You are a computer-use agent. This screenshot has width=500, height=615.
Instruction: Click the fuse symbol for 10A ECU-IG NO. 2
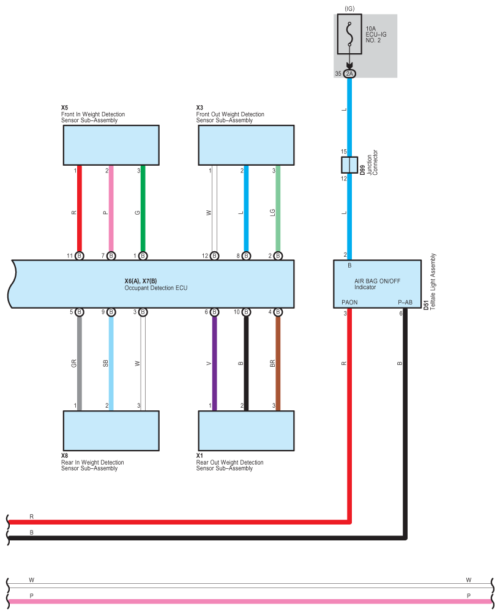point(349,35)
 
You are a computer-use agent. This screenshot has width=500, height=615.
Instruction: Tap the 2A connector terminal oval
point(349,74)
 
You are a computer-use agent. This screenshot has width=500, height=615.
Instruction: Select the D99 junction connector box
point(349,165)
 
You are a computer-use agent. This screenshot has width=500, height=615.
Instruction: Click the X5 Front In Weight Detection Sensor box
point(111,145)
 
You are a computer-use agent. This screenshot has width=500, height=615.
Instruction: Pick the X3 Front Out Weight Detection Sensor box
point(246,145)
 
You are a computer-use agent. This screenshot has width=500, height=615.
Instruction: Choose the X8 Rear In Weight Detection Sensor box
point(111,430)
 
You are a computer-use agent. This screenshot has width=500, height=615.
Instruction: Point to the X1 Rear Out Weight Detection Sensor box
point(246,430)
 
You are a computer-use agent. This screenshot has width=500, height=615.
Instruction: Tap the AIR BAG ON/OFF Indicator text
point(376,284)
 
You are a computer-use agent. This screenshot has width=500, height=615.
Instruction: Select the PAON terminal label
point(349,302)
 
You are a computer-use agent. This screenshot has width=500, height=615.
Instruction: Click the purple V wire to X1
point(214,361)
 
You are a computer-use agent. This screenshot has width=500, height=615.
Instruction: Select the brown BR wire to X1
point(278,361)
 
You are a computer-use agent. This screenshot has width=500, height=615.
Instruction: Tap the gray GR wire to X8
point(80,361)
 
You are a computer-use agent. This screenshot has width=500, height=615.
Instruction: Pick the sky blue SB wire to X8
point(111,361)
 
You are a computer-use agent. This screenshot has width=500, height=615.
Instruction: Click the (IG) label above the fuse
point(349,9)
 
